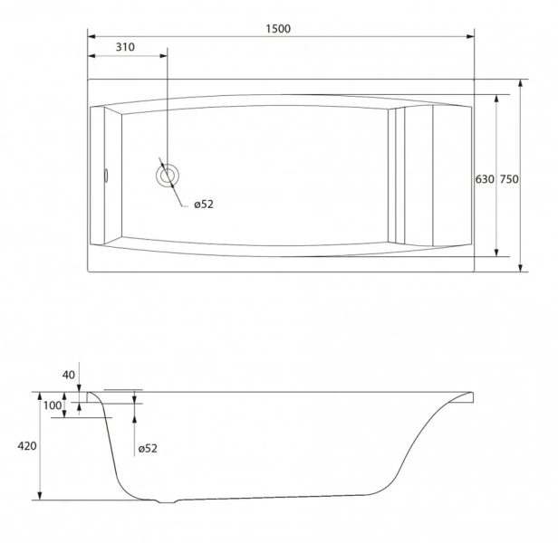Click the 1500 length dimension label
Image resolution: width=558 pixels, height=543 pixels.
[x=278, y=28]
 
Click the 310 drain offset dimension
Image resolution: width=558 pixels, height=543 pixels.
[x=125, y=47]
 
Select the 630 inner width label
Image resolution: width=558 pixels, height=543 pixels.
[x=485, y=179]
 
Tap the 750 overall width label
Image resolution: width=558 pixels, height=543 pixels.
[x=509, y=179]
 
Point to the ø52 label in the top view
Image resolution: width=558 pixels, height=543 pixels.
[x=204, y=205]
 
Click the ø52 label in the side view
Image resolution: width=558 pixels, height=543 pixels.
[x=148, y=448]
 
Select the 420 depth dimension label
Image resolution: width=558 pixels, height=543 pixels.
[x=27, y=445]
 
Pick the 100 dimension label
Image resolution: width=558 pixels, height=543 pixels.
[x=53, y=405]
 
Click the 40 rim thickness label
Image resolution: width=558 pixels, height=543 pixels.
[x=69, y=375]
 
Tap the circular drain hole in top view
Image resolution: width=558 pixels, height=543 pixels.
[x=168, y=176]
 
